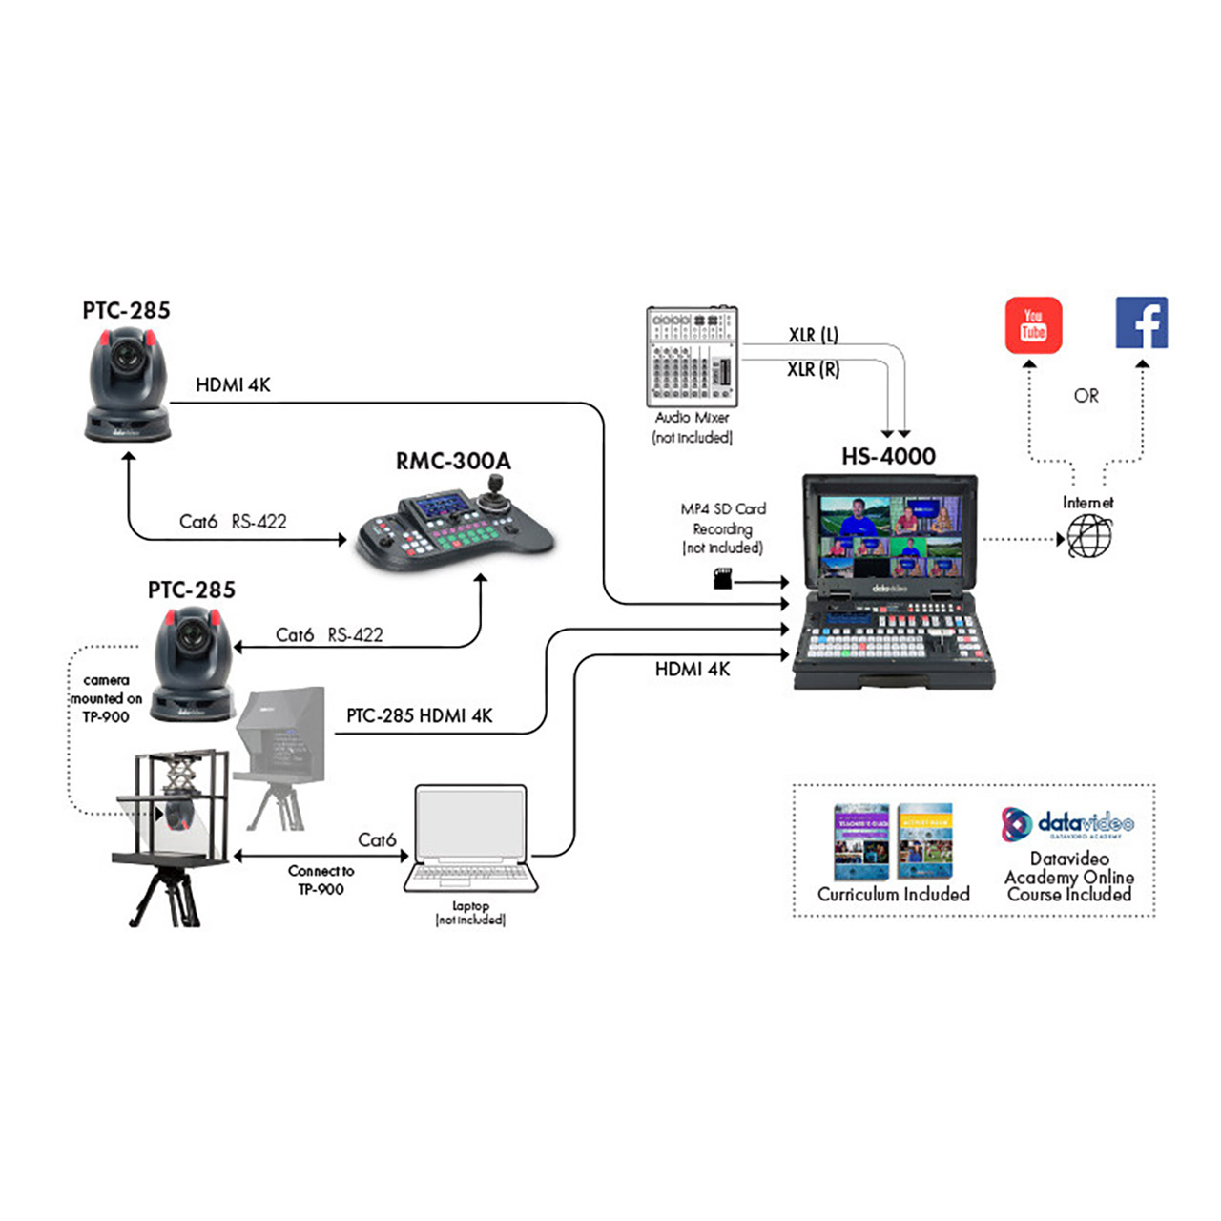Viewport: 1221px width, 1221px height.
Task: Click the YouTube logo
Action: click(1033, 325)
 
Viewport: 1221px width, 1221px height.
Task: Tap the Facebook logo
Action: click(1142, 323)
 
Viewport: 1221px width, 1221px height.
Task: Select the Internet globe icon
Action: click(1089, 537)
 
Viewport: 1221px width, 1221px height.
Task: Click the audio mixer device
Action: click(692, 356)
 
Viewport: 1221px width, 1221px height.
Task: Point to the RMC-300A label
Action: click(453, 462)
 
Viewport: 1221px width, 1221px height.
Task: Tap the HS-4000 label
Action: click(888, 456)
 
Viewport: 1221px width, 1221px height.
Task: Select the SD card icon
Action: click(723, 578)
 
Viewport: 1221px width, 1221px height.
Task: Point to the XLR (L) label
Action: click(813, 335)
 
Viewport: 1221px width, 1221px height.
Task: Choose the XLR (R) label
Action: click(813, 369)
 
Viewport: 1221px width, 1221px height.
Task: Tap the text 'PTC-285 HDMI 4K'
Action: click(419, 715)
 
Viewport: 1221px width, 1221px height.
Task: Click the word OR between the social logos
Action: click(1086, 395)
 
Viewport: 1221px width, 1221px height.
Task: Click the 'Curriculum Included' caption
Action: click(893, 894)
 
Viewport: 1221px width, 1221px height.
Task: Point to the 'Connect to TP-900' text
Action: click(321, 880)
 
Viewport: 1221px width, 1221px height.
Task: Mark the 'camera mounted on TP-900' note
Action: click(106, 698)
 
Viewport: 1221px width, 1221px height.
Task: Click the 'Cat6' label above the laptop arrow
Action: click(376, 839)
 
